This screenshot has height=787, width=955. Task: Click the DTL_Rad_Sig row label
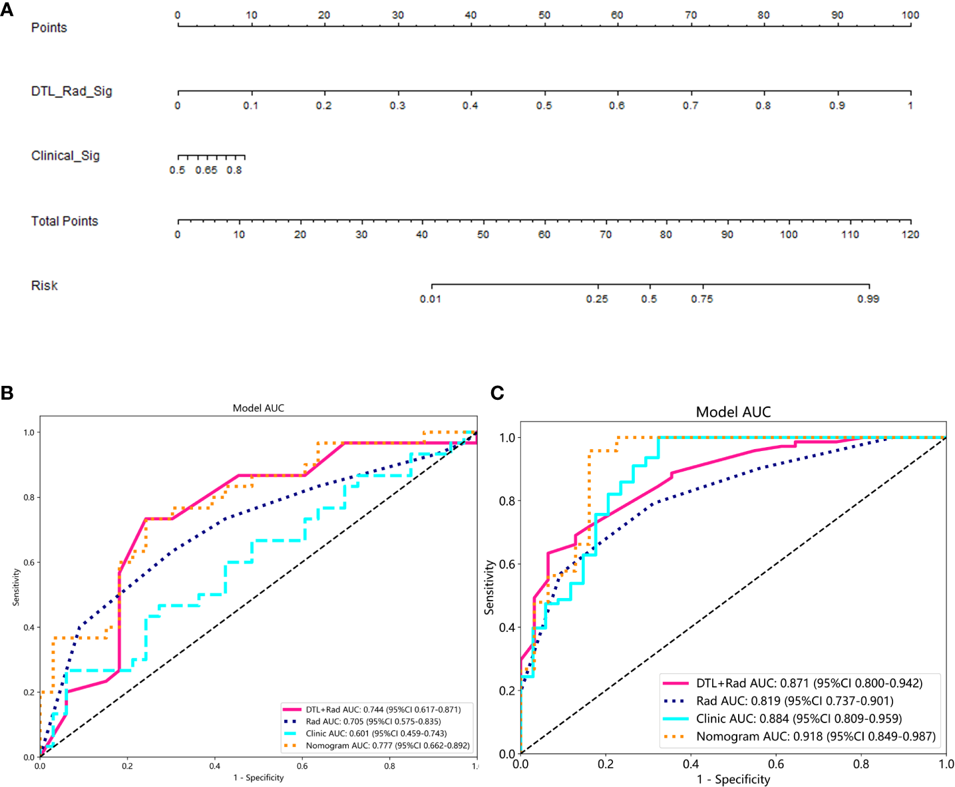(x=71, y=91)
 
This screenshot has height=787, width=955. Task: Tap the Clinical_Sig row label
(x=65, y=156)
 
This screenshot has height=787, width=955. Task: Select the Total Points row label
(x=65, y=221)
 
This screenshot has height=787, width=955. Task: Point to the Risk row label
(x=45, y=285)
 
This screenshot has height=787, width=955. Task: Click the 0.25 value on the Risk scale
(x=597, y=299)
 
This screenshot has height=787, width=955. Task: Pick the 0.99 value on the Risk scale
(x=868, y=299)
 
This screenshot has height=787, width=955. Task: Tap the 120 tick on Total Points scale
(x=910, y=234)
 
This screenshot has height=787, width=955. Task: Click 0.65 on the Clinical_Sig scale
(x=206, y=170)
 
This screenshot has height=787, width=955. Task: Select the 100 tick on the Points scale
(x=910, y=15)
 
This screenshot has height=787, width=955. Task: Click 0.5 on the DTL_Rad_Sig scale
(x=544, y=106)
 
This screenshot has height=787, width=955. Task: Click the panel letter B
(x=7, y=393)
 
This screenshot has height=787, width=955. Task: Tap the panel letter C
(x=497, y=393)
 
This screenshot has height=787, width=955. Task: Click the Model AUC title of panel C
(x=733, y=412)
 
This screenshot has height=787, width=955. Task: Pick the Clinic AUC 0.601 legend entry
(x=376, y=733)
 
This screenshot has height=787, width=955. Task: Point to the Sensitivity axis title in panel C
(x=490, y=587)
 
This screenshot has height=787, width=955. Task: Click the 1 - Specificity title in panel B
(x=258, y=777)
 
